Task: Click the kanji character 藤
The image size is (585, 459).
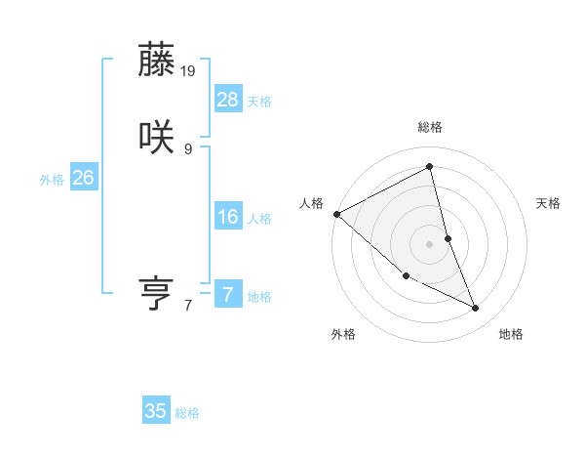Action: (158, 61)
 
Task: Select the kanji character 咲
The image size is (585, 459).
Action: (158, 137)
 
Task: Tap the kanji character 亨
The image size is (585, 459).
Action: (158, 293)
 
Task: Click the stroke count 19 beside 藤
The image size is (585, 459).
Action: (189, 70)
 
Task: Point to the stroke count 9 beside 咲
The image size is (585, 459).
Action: (188, 148)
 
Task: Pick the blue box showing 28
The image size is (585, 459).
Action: (228, 99)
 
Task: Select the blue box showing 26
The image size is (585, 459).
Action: (84, 178)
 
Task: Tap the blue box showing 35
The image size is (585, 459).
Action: (156, 411)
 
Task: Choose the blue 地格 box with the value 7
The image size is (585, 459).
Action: (228, 294)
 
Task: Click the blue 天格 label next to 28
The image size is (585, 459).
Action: (259, 102)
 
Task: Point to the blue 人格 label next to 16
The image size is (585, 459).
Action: (259, 219)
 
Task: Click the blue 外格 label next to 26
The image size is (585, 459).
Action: (52, 180)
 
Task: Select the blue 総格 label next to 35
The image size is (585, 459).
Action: (187, 414)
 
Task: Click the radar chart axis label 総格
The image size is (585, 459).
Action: (430, 128)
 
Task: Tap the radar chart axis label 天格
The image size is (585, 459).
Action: (549, 203)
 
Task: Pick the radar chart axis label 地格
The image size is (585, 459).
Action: (511, 334)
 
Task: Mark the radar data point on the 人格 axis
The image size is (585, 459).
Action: (336, 214)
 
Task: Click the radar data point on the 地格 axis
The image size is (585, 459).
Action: (476, 309)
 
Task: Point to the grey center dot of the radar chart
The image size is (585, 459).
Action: (430, 243)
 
